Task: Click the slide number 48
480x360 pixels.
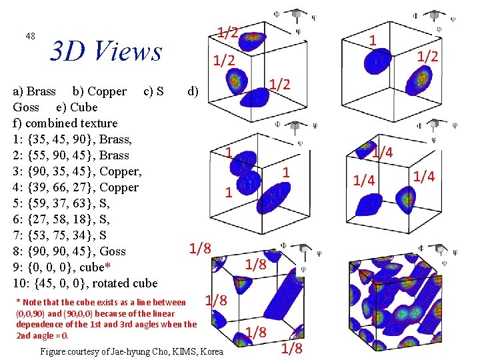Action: pyautogui.click(x=30, y=36)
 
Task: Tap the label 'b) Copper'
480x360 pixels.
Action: pyautogui.click(x=99, y=91)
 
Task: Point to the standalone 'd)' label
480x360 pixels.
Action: pyautogui.click(x=192, y=91)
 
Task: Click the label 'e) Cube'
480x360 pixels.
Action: pyautogui.click(x=73, y=107)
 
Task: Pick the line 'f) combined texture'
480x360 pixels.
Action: pyautogui.click(x=65, y=123)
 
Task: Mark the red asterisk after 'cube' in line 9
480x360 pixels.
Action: pyautogui.click(x=108, y=266)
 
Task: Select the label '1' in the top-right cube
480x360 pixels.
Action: pyautogui.click(x=374, y=41)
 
